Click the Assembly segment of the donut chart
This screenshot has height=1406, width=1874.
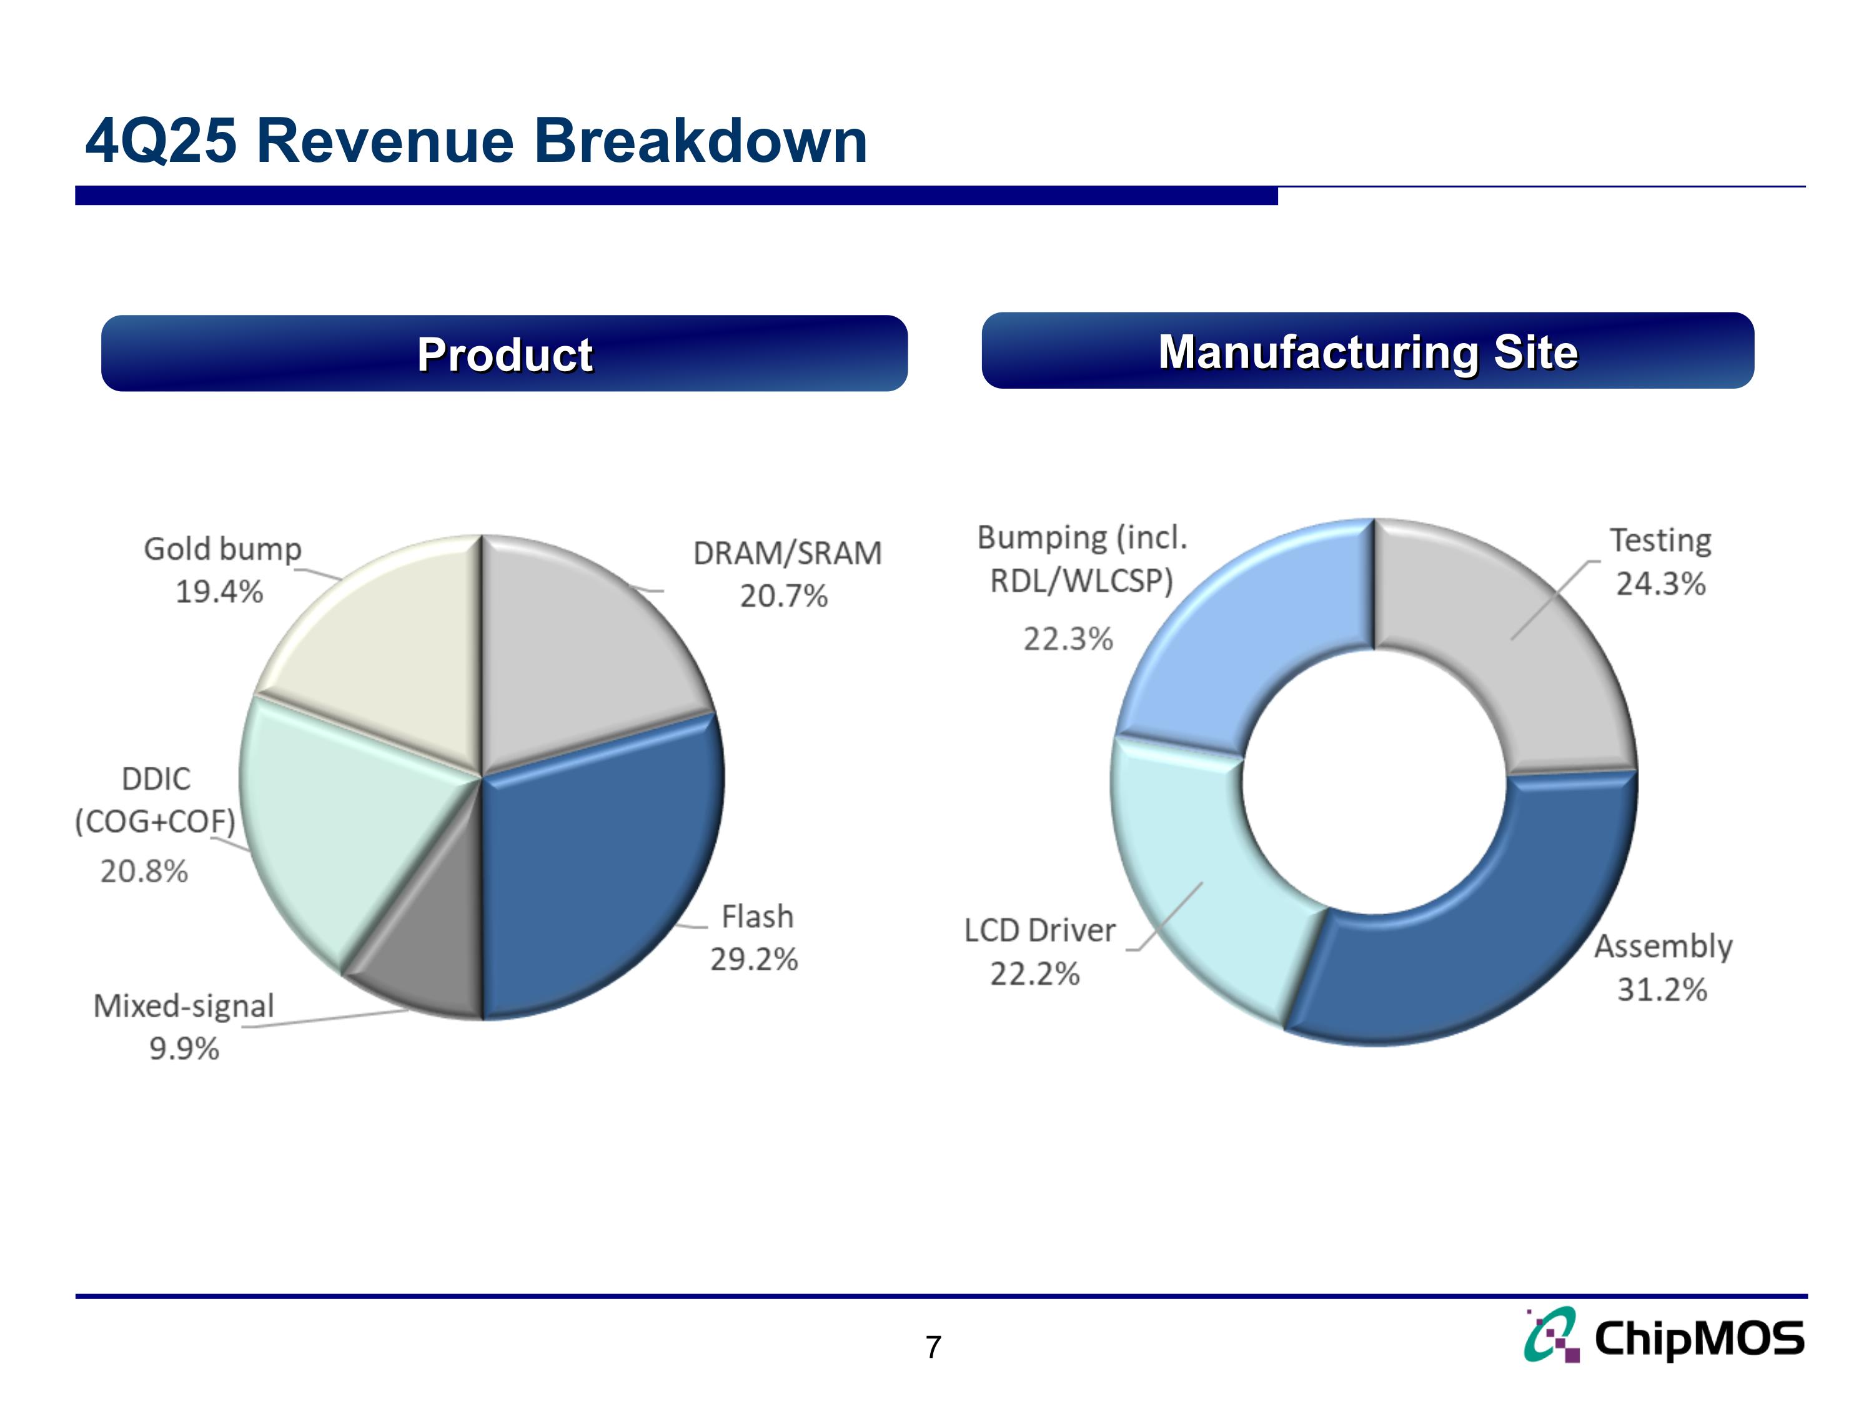[x=1491, y=940]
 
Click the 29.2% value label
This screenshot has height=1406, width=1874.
[x=754, y=959]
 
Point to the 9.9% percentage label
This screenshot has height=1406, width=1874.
[x=184, y=1049]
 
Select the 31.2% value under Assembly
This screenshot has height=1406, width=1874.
[x=1662, y=989]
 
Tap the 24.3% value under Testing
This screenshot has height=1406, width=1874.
[x=1660, y=584]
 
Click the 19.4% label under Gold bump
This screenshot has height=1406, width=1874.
[x=219, y=592]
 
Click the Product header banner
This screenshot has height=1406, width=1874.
[x=504, y=354]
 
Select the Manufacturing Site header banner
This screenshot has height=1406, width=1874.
[x=1367, y=351]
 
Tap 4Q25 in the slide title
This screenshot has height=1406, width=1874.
[x=161, y=141]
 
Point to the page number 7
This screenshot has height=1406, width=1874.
[x=934, y=1347]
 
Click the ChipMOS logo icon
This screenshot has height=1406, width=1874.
[x=1552, y=1335]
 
